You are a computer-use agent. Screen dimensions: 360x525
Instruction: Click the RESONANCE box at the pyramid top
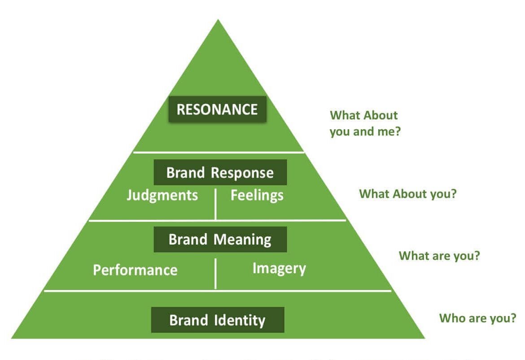pyautogui.click(x=217, y=110)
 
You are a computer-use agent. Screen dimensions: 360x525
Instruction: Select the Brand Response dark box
pyautogui.click(x=220, y=172)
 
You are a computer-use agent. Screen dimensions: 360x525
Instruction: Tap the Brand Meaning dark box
pyautogui.click(x=220, y=239)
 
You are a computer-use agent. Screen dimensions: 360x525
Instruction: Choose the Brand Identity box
pyautogui.click(x=218, y=320)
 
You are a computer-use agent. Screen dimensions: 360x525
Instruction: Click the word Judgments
pyautogui.click(x=162, y=196)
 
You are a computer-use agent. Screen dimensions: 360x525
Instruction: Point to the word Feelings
pyautogui.click(x=257, y=196)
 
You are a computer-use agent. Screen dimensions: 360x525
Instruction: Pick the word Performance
pyautogui.click(x=135, y=270)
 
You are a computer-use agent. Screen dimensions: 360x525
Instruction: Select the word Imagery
pyautogui.click(x=279, y=268)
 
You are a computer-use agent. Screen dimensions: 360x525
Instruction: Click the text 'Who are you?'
pyautogui.click(x=477, y=318)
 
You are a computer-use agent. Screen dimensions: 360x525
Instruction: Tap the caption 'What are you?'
pyautogui.click(x=439, y=256)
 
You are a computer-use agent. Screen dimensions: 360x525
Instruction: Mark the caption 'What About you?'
pyautogui.click(x=407, y=194)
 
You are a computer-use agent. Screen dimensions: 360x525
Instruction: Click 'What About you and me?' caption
pyautogui.click(x=364, y=124)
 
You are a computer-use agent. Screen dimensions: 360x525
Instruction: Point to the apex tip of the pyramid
pyautogui.click(x=218, y=20)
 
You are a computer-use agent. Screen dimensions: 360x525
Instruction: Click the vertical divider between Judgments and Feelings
pyautogui.click(x=216, y=204)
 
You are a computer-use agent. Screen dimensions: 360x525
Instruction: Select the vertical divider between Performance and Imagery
pyautogui.click(x=216, y=274)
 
